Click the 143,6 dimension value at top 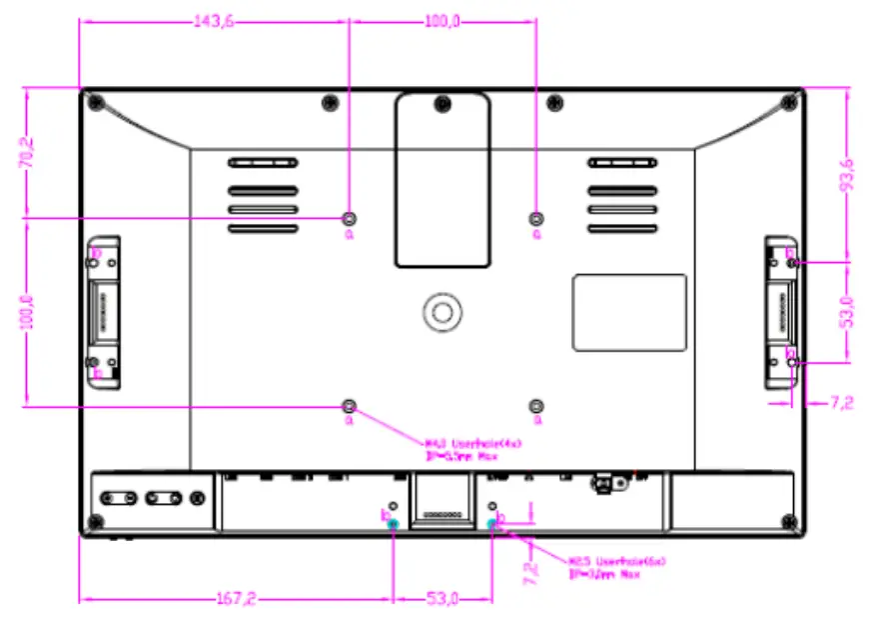click(x=213, y=22)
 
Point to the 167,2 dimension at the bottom click(x=236, y=599)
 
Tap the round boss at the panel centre click(x=440, y=310)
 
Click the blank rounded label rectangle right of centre click(x=628, y=312)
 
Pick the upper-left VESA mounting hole click(x=349, y=218)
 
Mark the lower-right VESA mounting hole click(x=536, y=405)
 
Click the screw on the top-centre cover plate click(x=440, y=102)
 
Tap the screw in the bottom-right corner click(x=790, y=521)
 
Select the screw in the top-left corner click(x=94, y=101)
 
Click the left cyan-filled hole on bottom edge click(x=393, y=523)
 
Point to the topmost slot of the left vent click(x=262, y=162)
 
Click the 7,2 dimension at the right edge click(x=842, y=402)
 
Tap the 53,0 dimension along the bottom click(x=442, y=599)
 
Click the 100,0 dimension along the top click(x=442, y=22)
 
